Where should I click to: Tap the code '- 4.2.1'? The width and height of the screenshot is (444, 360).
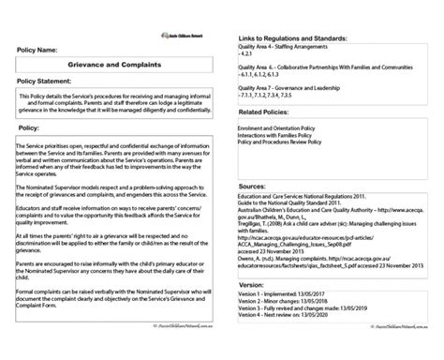point(247,53)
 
